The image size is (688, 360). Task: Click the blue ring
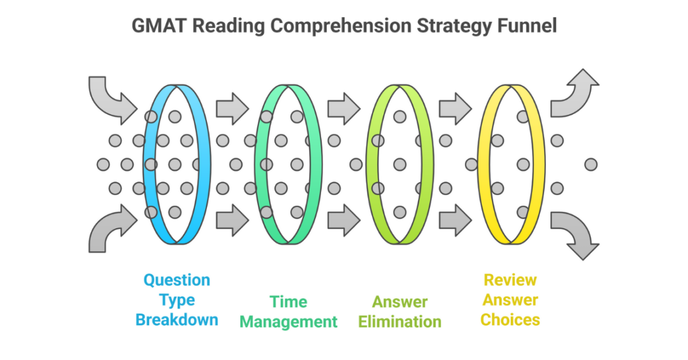[x=148, y=191]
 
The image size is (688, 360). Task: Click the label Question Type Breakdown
[x=176, y=299]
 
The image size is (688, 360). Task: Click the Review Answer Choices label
[x=510, y=299]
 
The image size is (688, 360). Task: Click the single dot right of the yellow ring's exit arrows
[x=591, y=164]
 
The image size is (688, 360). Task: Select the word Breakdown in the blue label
[x=176, y=319]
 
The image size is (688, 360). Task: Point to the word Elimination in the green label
[x=399, y=321]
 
